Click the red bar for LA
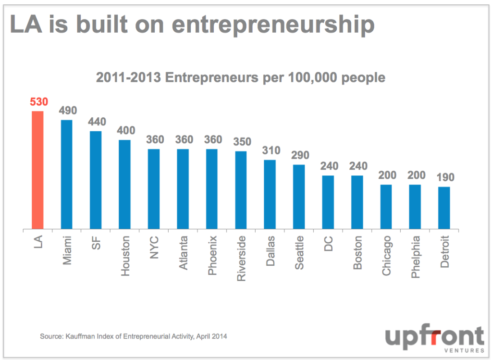[x=37, y=170]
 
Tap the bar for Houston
[x=124, y=185]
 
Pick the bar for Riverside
[x=241, y=190]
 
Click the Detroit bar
[x=444, y=208]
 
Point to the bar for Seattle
[x=299, y=197]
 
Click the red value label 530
[x=37, y=102]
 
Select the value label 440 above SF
[x=96, y=122]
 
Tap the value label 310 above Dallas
[x=270, y=150]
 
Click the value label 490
[x=67, y=111]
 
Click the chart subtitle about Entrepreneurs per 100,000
[x=240, y=77]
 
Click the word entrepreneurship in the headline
[x=273, y=25]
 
